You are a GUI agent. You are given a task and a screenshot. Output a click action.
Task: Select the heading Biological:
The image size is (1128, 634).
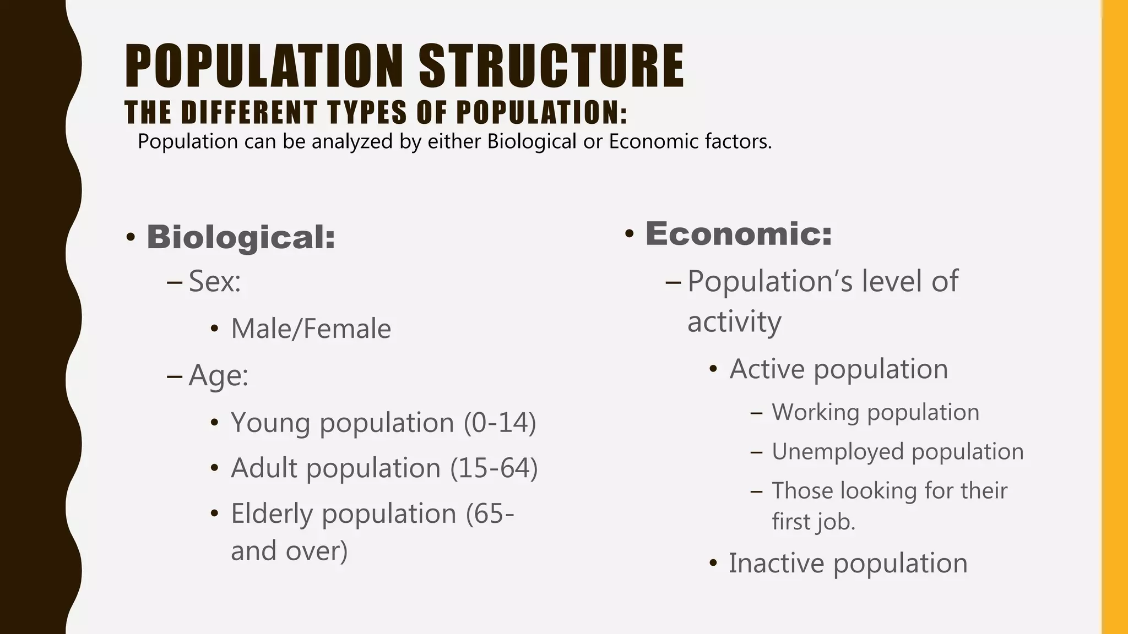(x=241, y=237)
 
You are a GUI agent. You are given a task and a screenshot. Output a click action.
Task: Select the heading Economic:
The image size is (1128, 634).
(x=739, y=233)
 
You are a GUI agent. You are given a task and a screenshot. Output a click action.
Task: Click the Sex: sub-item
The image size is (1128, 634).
(x=215, y=281)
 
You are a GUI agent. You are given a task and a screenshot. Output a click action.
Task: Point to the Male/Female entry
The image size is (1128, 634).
(x=311, y=329)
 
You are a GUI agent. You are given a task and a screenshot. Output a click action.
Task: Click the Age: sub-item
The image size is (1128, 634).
(x=218, y=376)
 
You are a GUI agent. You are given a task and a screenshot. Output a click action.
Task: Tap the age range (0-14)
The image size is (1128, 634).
(x=500, y=423)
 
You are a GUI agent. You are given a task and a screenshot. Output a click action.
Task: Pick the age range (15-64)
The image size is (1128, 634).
(x=493, y=468)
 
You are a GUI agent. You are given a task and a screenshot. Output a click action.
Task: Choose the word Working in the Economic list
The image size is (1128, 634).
(x=815, y=412)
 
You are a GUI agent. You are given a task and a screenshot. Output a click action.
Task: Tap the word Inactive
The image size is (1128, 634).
(x=775, y=563)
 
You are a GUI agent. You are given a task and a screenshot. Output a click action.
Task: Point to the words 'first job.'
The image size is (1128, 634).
(x=813, y=521)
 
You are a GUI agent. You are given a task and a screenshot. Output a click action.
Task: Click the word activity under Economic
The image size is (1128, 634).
(x=734, y=322)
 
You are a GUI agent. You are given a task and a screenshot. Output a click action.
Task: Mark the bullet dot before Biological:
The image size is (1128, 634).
(x=131, y=238)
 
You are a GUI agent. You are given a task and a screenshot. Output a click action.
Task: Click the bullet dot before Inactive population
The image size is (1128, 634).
(x=714, y=564)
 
